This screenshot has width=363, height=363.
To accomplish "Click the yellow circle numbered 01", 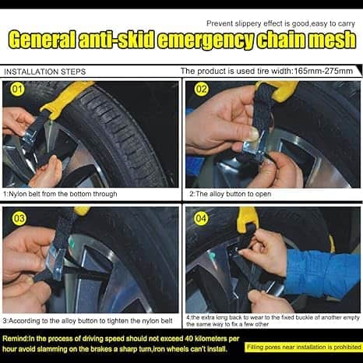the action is point(17,90).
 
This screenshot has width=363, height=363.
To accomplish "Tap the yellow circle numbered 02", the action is point(201,90).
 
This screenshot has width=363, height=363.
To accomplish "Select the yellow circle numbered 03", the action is point(19,218).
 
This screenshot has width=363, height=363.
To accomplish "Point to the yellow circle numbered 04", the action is point(201,218).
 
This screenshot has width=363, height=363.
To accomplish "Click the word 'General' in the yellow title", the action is point(42,40).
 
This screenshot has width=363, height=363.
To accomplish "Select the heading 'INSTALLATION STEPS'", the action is point(44,72).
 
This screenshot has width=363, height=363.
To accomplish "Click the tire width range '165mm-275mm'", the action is point(323,71).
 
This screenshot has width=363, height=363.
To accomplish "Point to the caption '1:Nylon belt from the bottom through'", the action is point(60,194).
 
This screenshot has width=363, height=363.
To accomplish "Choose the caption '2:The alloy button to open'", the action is point(230,194).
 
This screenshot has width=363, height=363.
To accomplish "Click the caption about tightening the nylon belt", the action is point(87,321).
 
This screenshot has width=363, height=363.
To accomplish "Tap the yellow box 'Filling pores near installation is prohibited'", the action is point(304,347).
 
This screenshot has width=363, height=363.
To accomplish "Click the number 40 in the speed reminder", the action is point(189,339).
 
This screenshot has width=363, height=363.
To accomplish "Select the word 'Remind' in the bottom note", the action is point(15,339).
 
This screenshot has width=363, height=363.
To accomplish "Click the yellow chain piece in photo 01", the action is point(66,97).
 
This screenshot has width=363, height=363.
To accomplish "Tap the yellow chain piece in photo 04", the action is point(248,220).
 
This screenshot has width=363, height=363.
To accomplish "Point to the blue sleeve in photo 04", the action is point(322,273).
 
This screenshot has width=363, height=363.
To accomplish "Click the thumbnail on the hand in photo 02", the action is point(255,134).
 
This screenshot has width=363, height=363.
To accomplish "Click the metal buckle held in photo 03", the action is point(55,263).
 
